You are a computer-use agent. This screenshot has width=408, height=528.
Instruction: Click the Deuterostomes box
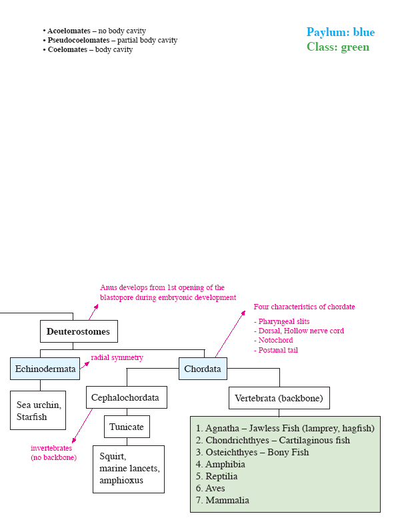79,331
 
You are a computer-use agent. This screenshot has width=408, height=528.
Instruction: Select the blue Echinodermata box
45,369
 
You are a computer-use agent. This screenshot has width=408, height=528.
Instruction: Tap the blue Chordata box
203,369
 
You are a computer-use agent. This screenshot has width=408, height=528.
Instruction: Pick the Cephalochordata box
127,397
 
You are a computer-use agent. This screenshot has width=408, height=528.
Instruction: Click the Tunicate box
127,427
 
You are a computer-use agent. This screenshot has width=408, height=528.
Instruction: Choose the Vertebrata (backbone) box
279,398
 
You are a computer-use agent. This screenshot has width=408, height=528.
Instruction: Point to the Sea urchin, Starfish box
38,410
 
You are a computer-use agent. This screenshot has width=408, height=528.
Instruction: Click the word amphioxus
121,480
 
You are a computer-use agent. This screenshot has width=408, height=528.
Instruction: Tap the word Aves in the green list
215,488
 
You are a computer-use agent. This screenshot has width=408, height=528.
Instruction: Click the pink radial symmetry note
117,357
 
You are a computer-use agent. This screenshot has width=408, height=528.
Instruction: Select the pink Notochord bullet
273,340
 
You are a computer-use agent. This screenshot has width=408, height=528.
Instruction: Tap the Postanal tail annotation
276,350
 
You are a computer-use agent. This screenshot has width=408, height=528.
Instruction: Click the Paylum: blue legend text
341,32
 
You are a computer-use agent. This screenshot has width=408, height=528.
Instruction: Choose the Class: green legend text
338,47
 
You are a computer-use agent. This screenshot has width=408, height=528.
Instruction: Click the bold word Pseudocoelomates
79,40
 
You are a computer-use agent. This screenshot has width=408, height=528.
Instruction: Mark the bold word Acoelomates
69,31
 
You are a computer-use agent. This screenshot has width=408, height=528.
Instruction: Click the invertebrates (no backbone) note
53,453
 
